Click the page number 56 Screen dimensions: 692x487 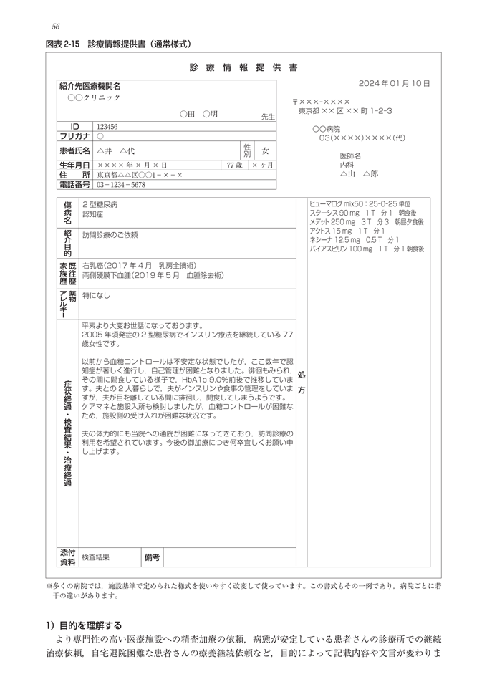point(56,27)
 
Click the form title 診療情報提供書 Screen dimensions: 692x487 point(243,68)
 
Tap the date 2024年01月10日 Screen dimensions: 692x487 point(394,84)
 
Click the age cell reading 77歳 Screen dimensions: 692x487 point(234,165)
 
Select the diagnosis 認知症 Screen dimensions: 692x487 point(93,213)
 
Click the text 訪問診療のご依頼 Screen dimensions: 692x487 point(110,235)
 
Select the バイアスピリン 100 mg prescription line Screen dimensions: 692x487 point(367,249)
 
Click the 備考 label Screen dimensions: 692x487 point(152,557)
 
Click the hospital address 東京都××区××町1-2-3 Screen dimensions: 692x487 point(345,112)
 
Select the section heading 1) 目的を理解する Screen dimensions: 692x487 point(84,625)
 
